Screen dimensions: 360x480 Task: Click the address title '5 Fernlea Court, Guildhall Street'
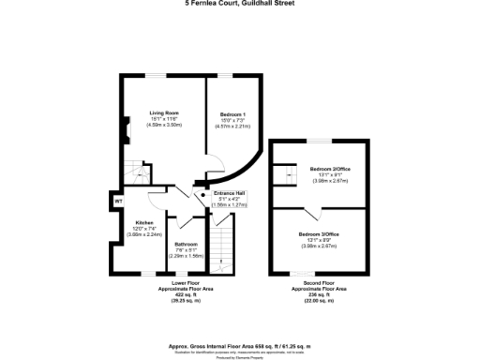pos(240,4)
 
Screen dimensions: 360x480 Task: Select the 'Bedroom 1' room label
pos(232,113)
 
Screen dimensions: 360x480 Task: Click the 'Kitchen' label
pos(131,223)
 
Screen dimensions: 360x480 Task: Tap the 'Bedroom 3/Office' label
pos(319,233)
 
